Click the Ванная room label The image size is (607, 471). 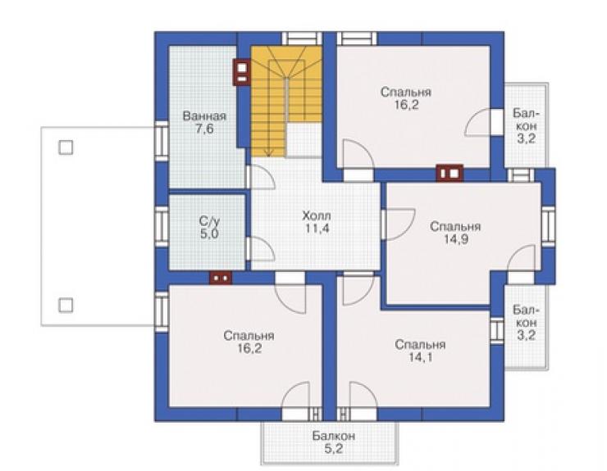pos(204,116)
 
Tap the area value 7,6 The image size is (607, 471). pos(204,129)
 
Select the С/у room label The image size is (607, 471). pos(209,222)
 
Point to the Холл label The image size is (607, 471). pos(317,215)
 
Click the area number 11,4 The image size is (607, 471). pos(317,229)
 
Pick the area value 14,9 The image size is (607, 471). pos(455,239)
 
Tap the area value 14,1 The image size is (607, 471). pos(421,357)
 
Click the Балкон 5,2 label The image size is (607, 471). pos(333,442)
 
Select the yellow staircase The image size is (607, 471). pos(286,102)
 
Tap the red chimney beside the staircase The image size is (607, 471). pos(242,72)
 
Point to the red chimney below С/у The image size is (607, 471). pos(221,278)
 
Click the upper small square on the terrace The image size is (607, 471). pos(66,147)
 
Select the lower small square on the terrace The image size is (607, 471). pos(66,305)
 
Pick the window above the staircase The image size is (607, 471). pos(302,38)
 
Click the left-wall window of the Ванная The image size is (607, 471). pos(162,141)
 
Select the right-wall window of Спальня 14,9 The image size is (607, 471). pos(548,226)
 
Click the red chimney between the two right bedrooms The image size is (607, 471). pos(450,173)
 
